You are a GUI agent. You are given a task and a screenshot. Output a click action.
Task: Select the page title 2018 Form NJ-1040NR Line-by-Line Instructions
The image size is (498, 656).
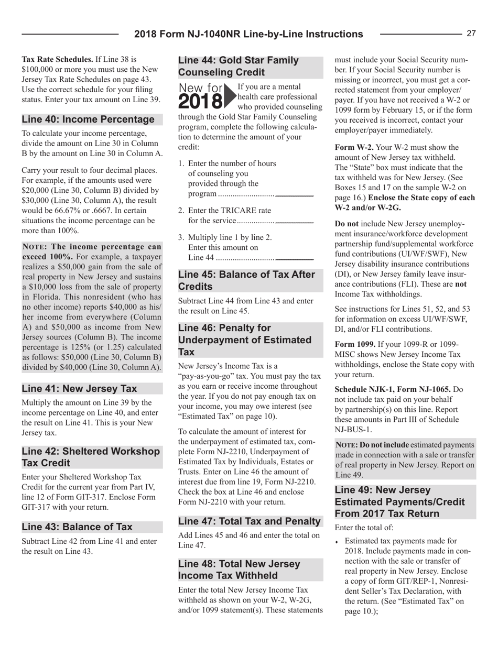[248, 35]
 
